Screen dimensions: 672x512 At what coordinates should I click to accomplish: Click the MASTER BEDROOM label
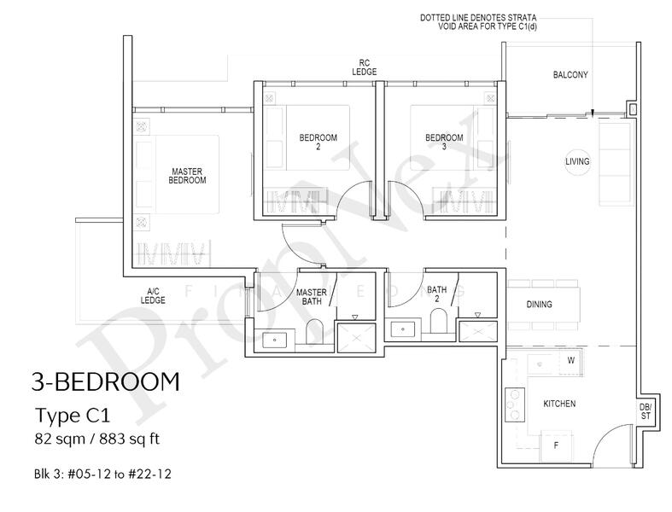[x=187, y=176]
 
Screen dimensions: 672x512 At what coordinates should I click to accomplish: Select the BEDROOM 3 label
[x=444, y=143]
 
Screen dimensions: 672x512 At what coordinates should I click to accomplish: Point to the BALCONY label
[x=570, y=75]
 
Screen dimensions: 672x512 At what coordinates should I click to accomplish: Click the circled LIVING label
[x=577, y=161]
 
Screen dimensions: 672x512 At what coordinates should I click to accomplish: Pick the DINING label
[x=539, y=304]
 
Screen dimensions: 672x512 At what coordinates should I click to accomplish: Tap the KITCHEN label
[x=559, y=404]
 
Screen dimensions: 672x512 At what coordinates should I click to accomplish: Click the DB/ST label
[x=646, y=411]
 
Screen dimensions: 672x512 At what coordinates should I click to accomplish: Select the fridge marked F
[x=556, y=446]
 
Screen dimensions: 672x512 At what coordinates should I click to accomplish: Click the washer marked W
[x=571, y=360]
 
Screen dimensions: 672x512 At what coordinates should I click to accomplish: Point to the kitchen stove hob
[x=515, y=404]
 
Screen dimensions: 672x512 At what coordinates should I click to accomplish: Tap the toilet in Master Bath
[x=314, y=331]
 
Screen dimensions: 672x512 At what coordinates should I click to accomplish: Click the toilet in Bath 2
[x=438, y=321]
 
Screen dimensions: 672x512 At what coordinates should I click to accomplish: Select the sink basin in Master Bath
[x=274, y=340]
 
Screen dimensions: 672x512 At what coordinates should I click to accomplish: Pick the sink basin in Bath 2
[x=403, y=329]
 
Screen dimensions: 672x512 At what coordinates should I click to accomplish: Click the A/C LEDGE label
[x=153, y=296]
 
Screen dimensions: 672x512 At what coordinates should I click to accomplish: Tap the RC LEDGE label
[x=365, y=67]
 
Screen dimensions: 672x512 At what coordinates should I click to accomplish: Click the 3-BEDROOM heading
[x=105, y=381]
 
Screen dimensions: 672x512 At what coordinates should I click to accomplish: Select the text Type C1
[x=73, y=416]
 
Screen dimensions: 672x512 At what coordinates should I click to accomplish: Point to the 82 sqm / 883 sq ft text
[x=97, y=439]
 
